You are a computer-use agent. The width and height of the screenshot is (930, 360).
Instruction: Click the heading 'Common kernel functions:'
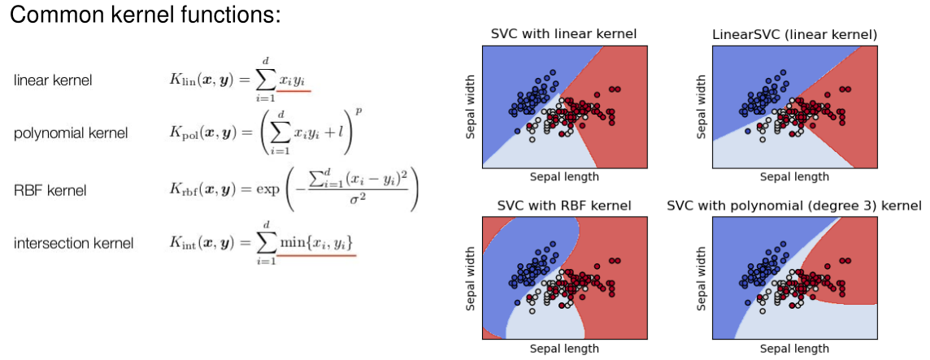pos(145,15)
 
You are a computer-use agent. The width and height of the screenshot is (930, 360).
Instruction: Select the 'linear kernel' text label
pos(53,80)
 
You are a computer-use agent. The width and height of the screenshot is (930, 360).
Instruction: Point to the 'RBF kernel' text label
pos(50,191)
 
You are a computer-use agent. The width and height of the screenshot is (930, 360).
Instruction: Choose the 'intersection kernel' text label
pos(74,243)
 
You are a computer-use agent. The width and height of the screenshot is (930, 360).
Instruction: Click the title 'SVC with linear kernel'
pos(563,34)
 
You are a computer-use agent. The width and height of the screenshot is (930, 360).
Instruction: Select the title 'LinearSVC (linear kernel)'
pos(793,34)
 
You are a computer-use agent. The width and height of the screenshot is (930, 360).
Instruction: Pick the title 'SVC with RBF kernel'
pos(563,206)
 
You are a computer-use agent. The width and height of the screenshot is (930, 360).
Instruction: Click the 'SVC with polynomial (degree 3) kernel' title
pos(793,206)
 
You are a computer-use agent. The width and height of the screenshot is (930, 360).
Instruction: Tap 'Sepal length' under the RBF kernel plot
pos(563,348)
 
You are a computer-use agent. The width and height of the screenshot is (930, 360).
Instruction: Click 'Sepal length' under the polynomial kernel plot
pos(794,348)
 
